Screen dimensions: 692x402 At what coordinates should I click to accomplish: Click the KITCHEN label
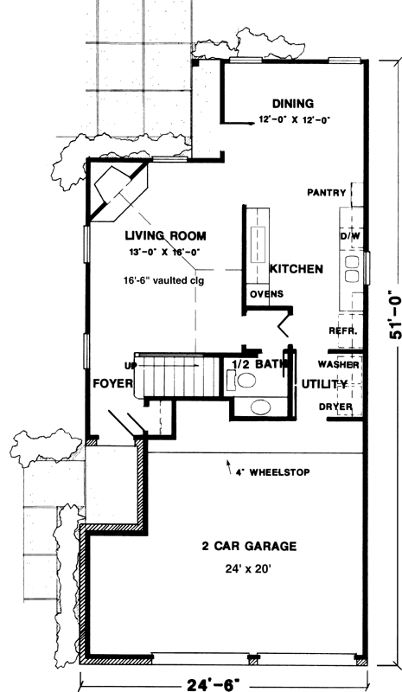(296, 270)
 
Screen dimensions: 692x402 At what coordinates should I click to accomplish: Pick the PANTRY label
(327, 193)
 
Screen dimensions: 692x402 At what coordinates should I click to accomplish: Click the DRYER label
(335, 406)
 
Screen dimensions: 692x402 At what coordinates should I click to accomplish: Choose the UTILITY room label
(324, 384)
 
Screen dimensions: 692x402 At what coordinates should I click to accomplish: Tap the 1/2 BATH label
(258, 364)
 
